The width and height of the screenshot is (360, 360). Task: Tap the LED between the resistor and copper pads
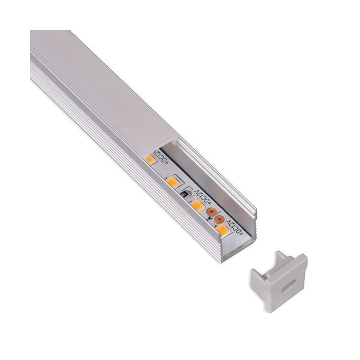click(x=197, y=204)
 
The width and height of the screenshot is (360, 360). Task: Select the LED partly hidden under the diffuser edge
click(x=149, y=159)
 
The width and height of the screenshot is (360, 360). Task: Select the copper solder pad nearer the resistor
click(x=211, y=211)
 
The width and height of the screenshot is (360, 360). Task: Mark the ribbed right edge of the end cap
click(x=304, y=289)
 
